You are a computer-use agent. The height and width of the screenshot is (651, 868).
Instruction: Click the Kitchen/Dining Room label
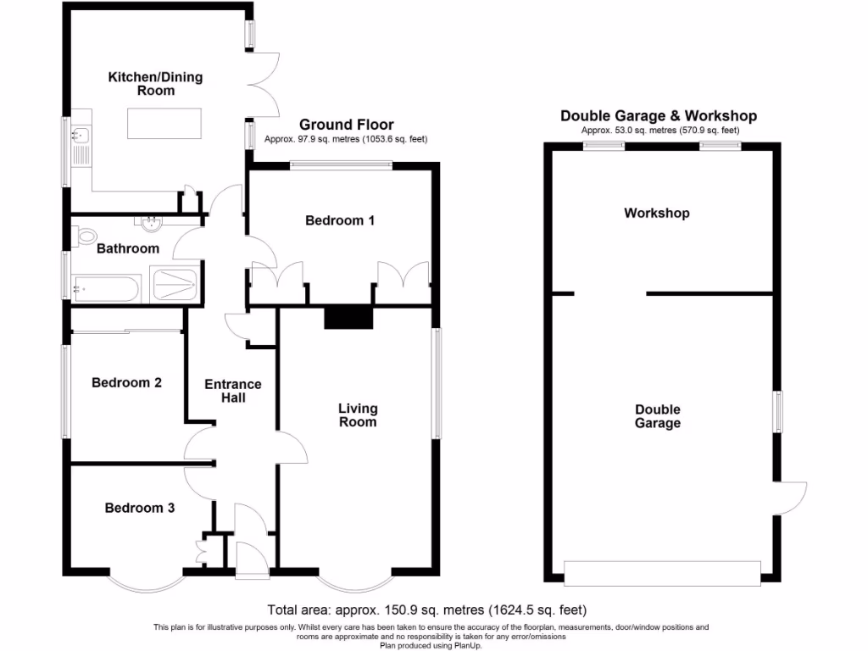point(155,84)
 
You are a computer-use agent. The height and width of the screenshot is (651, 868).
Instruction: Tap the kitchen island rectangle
point(165,123)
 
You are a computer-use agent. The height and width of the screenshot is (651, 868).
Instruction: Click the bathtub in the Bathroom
point(105,287)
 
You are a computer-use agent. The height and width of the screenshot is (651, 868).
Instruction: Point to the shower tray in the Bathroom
point(175,284)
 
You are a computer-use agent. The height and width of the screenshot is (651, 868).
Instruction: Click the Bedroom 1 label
point(340,220)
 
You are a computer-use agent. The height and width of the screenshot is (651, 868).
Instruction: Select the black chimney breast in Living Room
point(348,316)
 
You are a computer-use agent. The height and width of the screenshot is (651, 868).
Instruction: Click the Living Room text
point(357,415)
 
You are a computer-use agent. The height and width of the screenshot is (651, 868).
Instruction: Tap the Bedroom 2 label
point(126,382)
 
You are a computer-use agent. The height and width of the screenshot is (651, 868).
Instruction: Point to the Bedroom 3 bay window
point(145,583)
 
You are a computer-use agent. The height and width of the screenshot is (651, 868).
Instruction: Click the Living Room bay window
point(357,583)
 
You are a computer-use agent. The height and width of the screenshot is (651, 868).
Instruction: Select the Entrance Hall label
point(233,391)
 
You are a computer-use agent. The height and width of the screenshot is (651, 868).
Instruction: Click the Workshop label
point(656,213)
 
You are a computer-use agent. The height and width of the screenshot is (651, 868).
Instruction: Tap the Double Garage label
point(657,415)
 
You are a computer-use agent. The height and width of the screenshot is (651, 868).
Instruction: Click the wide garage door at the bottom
point(662,573)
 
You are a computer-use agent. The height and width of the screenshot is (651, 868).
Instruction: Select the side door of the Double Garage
point(790,497)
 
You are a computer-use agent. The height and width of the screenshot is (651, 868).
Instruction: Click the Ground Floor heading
point(346,125)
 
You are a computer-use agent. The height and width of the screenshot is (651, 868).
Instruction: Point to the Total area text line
point(426,609)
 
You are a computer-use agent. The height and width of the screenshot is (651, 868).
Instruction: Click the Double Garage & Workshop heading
point(658,116)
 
